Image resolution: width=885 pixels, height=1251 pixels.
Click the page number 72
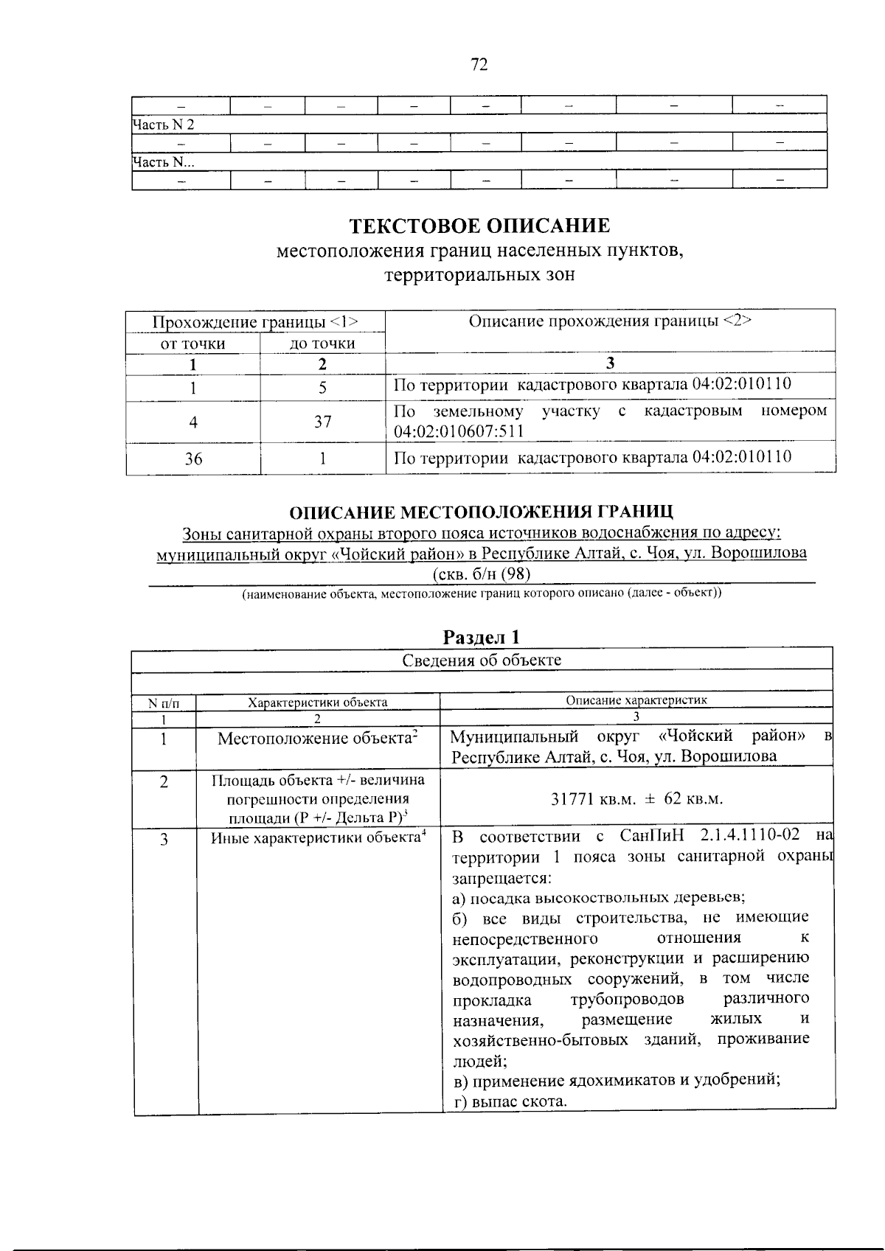pyautogui.click(x=479, y=65)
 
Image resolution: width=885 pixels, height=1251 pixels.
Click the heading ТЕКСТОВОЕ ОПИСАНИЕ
pyautogui.click(x=479, y=224)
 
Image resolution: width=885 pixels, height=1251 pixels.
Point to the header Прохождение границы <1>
pyautogui.click(x=255, y=322)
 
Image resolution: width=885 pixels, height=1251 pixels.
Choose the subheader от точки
pyautogui.click(x=193, y=344)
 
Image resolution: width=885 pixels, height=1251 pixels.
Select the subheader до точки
pyautogui.click(x=322, y=344)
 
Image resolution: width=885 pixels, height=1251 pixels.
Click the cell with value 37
pyautogui.click(x=322, y=422)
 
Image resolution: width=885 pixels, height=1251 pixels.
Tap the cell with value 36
pyautogui.click(x=193, y=459)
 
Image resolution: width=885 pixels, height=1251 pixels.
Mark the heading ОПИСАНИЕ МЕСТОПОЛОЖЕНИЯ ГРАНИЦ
pyautogui.click(x=481, y=512)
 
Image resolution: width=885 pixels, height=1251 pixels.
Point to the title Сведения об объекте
pyautogui.click(x=482, y=660)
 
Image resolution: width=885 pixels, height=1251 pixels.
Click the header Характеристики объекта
pyautogui.click(x=318, y=702)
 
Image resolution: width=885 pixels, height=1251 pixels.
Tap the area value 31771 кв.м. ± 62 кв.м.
pyautogui.click(x=637, y=799)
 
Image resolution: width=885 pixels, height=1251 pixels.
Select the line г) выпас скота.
pyautogui.click(x=510, y=1101)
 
